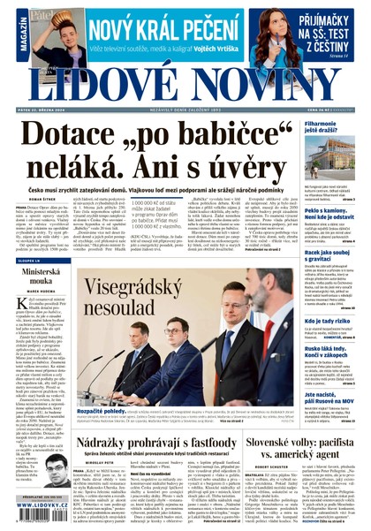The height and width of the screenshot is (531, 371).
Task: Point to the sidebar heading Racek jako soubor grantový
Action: (328, 256)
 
